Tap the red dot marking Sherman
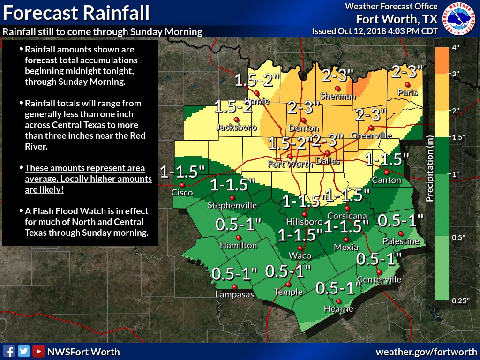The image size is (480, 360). [x=337, y=89]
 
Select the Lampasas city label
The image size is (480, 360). [x=234, y=295]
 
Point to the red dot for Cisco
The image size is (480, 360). [x=182, y=185]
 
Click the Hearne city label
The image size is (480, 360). [x=339, y=309]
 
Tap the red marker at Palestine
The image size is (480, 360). [x=401, y=233]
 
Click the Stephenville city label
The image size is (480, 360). [x=232, y=205]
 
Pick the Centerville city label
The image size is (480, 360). [x=379, y=280]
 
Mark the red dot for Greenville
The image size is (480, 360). [x=371, y=127]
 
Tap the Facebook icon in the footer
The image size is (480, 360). [x=8, y=351]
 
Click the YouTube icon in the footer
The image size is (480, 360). [x=38, y=351]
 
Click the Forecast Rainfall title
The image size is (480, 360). [x=76, y=13]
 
